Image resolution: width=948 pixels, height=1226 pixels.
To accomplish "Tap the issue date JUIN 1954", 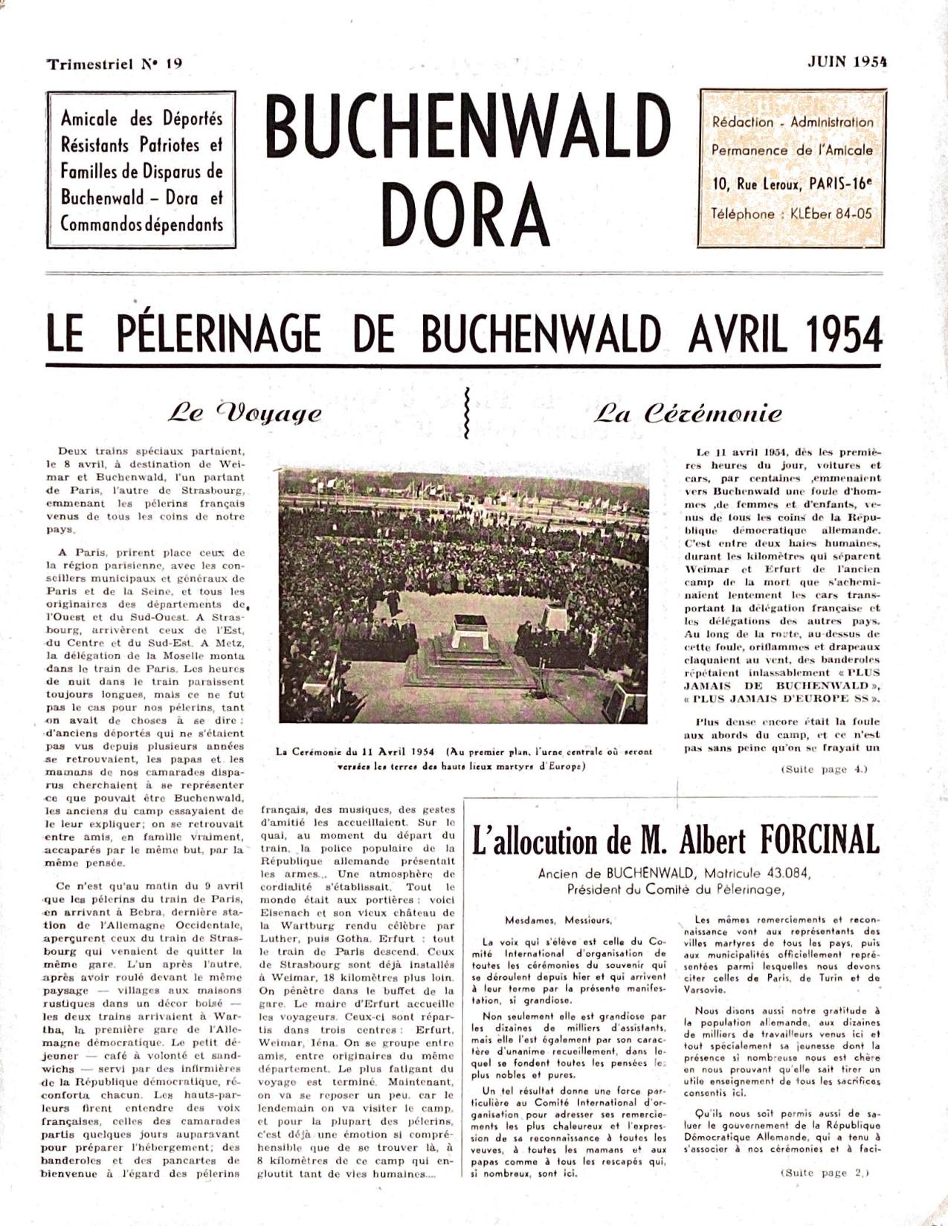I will point(847,62).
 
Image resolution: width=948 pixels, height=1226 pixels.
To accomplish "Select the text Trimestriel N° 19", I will point(115,64).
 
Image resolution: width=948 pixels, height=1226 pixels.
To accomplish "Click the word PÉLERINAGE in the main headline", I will point(219,334).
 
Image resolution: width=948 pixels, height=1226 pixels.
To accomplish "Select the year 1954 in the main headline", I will point(843,334).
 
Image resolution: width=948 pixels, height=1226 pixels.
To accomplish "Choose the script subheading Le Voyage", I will point(245,413).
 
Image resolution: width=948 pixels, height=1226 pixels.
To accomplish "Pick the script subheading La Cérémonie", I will point(688,413).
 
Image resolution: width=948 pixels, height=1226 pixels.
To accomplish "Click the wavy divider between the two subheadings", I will point(466,412).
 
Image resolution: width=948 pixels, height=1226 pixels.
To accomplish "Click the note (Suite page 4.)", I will point(824,770).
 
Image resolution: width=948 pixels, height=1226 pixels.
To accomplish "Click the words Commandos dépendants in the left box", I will point(141,224).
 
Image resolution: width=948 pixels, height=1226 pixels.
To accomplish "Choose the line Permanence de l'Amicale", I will point(792,150).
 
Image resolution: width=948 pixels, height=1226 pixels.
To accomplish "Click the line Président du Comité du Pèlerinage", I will point(675,889).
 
